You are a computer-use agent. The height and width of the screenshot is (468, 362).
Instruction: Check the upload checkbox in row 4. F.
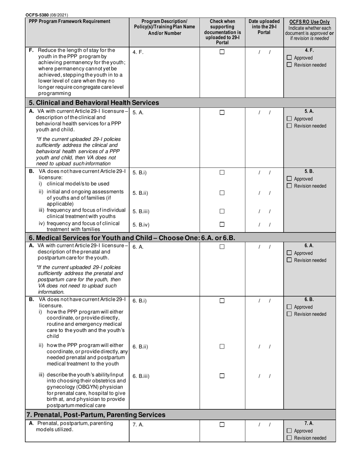coord(222,52)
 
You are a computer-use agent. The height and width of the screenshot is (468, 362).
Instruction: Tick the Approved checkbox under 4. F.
coord(289,58)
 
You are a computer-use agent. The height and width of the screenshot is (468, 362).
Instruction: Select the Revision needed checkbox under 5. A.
coord(289,126)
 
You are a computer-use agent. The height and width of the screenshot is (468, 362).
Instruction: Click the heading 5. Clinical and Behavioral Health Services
coord(94,103)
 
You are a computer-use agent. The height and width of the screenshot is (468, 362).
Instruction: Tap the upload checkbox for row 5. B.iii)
coord(222,211)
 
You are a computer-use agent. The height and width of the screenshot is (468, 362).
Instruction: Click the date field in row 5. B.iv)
coord(264,225)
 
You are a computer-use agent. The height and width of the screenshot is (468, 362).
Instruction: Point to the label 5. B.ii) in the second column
coord(140,193)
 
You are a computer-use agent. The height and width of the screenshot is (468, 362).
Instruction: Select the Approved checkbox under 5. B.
coord(289,179)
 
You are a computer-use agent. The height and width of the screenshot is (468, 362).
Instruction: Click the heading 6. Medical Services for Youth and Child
coord(132,238)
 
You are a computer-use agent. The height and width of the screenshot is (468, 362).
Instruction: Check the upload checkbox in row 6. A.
coord(222,247)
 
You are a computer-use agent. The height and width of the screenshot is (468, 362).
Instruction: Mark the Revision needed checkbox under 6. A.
coord(289,260)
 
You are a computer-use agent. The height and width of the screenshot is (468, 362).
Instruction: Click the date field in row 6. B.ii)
coord(264,347)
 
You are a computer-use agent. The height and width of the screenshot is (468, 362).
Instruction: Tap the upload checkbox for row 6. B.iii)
coord(222,376)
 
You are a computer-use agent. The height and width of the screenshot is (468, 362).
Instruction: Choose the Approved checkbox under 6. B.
coord(289,307)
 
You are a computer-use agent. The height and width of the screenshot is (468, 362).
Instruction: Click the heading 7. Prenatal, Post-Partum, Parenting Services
coord(97,414)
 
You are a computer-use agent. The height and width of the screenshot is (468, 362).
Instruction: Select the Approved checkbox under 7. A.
coord(289,431)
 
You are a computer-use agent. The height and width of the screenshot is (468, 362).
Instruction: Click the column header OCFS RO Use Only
coord(309,22)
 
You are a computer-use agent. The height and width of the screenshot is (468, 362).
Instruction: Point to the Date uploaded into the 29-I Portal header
coord(264,27)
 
